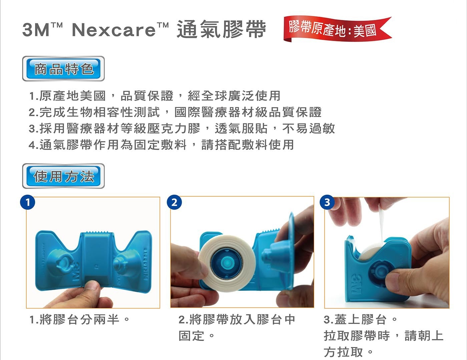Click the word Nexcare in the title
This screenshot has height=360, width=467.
coord(114,29)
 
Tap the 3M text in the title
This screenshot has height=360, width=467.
coord(36,30)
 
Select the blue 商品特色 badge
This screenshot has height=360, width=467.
coord(63,69)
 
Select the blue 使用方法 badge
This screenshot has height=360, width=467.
coord(63,176)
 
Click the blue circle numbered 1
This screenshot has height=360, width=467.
coord(27,202)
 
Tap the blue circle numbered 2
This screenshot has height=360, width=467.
coord(174,202)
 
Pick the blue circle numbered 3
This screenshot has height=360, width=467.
coord(327,202)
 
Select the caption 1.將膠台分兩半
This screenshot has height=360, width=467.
coord(79,319)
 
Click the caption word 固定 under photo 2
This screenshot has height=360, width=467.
coord(191,336)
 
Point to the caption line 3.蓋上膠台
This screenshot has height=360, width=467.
coord(360,319)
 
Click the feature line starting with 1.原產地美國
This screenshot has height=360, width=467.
coord(155,96)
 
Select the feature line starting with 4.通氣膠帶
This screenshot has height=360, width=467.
coord(161,144)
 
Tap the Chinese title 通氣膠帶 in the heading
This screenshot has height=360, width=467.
coord(221,29)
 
